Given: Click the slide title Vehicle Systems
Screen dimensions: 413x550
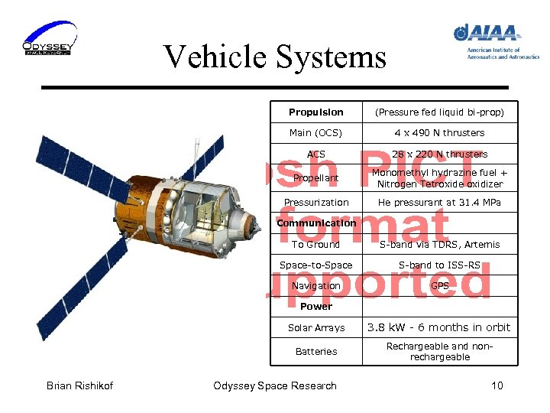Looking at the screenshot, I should (274, 57).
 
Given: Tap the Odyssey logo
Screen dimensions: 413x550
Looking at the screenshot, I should (48, 39).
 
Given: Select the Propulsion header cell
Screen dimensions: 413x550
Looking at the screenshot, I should (315, 112).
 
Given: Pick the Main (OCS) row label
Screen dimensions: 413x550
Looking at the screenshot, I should (315, 133).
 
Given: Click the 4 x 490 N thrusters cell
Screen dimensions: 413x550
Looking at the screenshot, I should (439, 133).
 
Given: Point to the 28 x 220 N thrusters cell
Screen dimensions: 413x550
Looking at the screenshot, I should (439, 154).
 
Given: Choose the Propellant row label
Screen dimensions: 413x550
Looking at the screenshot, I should (315, 178).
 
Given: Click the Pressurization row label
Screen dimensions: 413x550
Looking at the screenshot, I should (315, 203).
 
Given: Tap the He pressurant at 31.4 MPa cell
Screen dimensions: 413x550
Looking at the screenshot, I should (439, 203).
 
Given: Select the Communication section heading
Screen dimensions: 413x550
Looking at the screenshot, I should (315, 223).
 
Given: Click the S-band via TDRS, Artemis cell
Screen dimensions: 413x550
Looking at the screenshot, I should (439, 245).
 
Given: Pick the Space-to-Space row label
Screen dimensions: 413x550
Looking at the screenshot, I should (315, 265).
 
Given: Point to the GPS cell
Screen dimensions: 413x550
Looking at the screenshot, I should (439, 286).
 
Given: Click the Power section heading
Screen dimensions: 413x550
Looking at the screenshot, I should (315, 307).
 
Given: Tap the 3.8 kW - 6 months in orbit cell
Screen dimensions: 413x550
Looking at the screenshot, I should (439, 327).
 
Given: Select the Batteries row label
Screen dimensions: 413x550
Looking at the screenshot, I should (315, 352).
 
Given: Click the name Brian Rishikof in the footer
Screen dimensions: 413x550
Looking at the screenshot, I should (79, 385).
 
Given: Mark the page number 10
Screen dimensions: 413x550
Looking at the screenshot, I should (497, 385).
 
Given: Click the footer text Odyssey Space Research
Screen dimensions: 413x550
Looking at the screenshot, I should (274, 385).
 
